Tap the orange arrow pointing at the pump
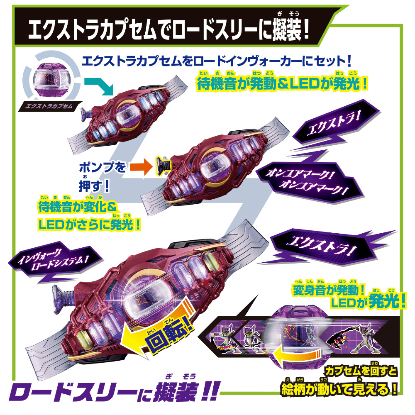pyautogui.click(x=142, y=167)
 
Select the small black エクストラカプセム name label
pyautogui.click(x=49, y=106)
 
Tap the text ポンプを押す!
pyautogui.click(x=102, y=176)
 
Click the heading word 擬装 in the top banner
pyautogui.click(x=287, y=29)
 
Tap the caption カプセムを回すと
pyautogui.click(x=361, y=371)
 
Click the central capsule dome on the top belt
pyautogui.click(x=127, y=115)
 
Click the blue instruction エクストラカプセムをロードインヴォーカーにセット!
pyautogui.click(x=217, y=61)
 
